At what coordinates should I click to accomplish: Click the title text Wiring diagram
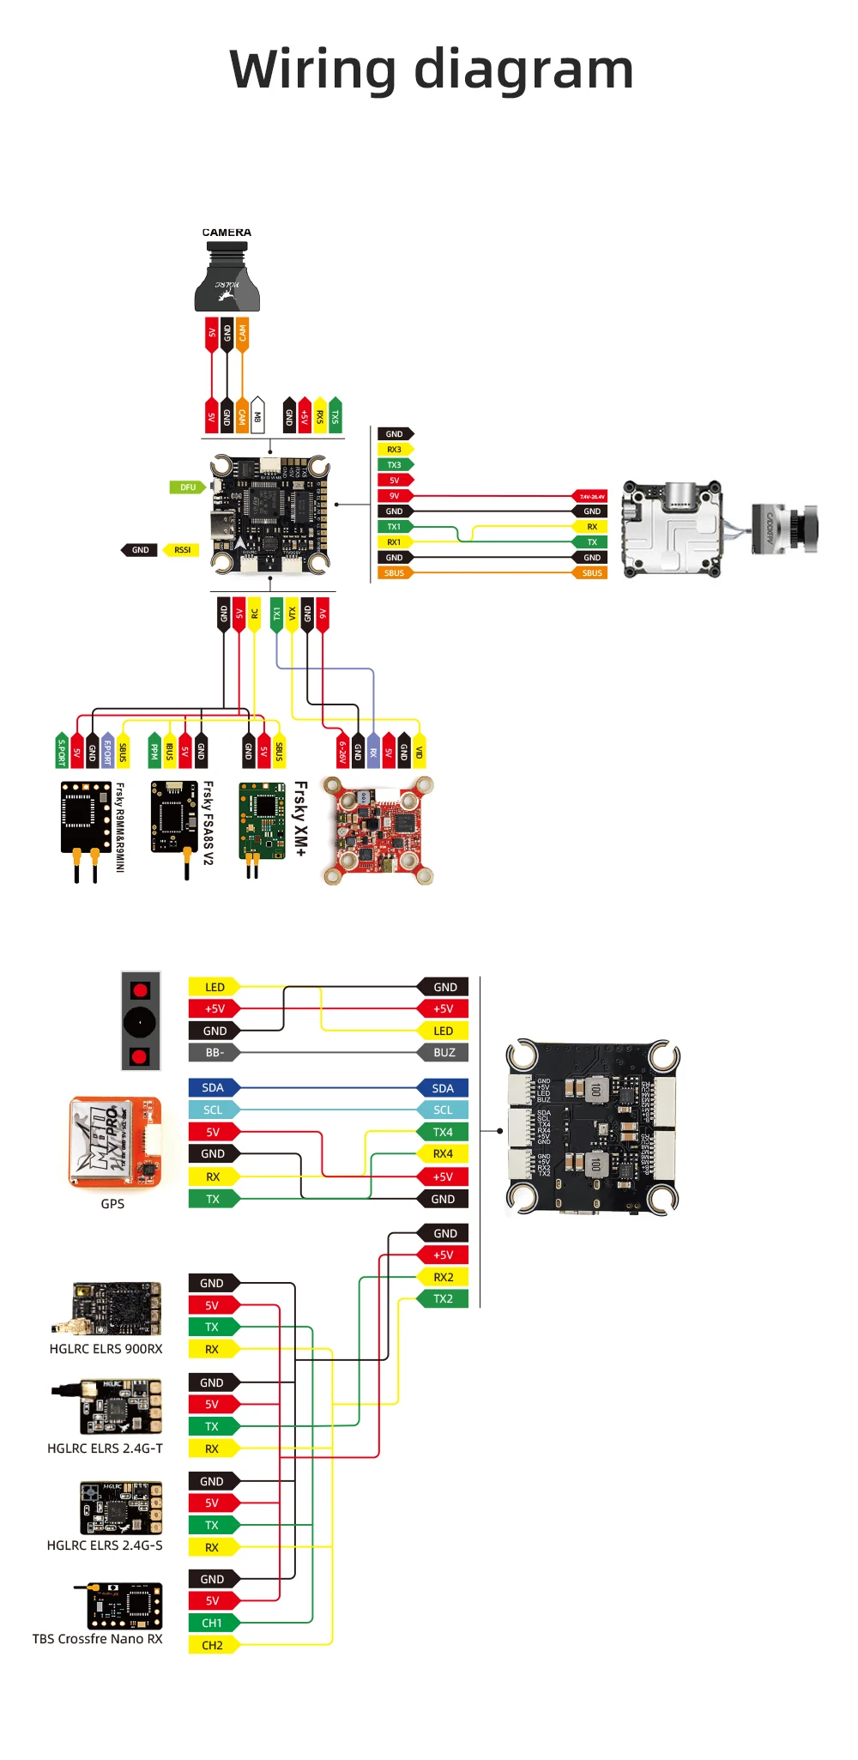pyautogui.click(x=432, y=70)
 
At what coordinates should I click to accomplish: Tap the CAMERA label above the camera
pyautogui.click(x=227, y=233)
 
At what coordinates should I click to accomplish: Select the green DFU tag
pyautogui.click(x=187, y=487)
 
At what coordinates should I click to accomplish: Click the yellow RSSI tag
pyautogui.click(x=182, y=550)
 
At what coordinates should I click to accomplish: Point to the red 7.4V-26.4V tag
pyautogui.click(x=590, y=496)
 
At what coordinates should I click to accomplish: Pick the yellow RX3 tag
pyautogui.click(x=395, y=450)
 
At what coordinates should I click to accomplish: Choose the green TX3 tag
pyautogui.click(x=395, y=465)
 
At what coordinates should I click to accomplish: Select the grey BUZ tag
pyautogui.click(x=444, y=1052)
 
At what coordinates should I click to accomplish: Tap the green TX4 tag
pyautogui.click(x=443, y=1132)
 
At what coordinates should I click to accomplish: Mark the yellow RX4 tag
pyautogui.click(x=443, y=1154)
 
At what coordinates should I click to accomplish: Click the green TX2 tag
pyautogui.click(x=443, y=1298)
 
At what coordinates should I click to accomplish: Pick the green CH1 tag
pyautogui.click(x=212, y=1623)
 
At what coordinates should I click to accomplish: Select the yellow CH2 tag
pyautogui.click(x=212, y=1645)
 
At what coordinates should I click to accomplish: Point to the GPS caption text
pyautogui.click(x=112, y=1204)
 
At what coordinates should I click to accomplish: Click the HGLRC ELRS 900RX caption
pyautogui.click(x=106, y=1349)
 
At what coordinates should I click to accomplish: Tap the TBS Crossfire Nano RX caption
pyautogui.click(x=97, y=1639)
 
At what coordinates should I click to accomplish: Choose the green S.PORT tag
pyautogui.click(x=62, y=751)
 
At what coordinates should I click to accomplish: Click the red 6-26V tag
pyautogui.click(x=342, y=751)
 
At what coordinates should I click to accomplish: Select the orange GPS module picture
pyautogui.click(x=114, y=1142)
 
